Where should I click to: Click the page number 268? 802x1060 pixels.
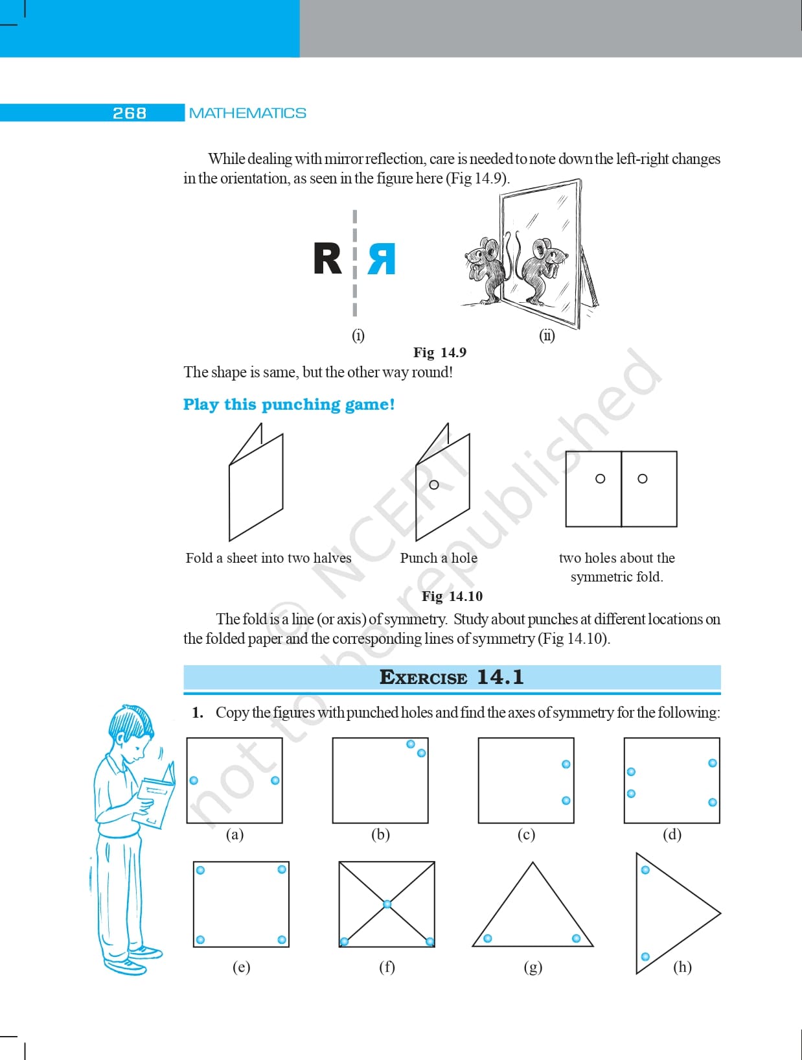click(x=130, y=113)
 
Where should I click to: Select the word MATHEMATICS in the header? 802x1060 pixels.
click(x=247, y=113)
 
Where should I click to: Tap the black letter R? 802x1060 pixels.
click(x=327, y=259)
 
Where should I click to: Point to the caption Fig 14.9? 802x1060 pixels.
click(x=440, y=352)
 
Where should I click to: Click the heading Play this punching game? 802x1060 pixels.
click(x=289, y=405)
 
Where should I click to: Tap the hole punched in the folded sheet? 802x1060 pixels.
click(x=434, y=484)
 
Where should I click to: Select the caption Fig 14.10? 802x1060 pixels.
click(x=452, y=596)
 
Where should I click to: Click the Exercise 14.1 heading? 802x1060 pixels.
click(x=452, y=677)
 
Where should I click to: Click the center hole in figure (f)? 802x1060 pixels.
click(x=387, y=904)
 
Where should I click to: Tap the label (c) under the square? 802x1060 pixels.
click(x=526, y=834)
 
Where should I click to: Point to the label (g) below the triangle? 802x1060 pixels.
click(x=533, y=967)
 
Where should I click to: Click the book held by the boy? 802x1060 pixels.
click(x=156, y=794)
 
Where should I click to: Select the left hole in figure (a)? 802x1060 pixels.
click(x=194, y=780)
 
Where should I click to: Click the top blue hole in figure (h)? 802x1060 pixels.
click(x=645, y=870)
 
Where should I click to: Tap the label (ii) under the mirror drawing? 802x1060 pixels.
click(x=547, y=335)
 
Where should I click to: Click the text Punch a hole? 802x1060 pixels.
click(x=439, y=558)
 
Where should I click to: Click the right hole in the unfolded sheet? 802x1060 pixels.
click(x=643, y=478)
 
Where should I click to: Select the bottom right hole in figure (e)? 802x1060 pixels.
click(x=282, y=939)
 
